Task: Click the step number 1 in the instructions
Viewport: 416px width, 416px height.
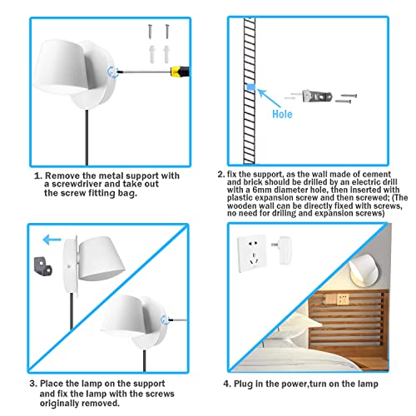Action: click(x=36, y=176)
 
